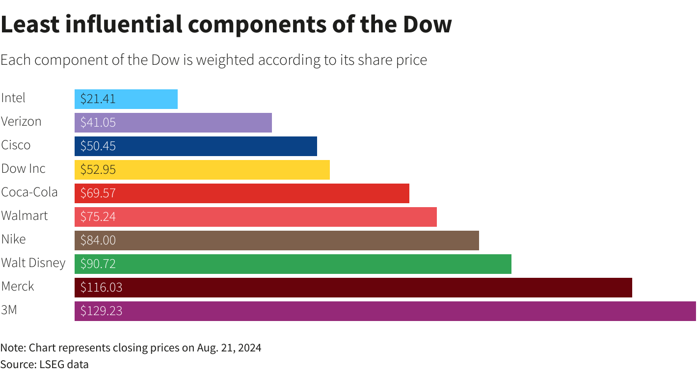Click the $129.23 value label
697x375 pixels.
pos(101,311)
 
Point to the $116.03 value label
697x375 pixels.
pos(101,288)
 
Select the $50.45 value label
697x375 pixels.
pos(98,146)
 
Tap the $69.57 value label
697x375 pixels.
pos(98,193)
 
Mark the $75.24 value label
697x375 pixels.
pos(98,217)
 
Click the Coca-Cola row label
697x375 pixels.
pos(29,192)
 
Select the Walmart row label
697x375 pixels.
pos(25,215)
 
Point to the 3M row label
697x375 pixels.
pos(9,310)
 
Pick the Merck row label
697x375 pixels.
pos(18,286)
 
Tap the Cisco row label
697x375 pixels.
pos(16,145)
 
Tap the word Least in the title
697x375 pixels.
pos(30,25)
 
